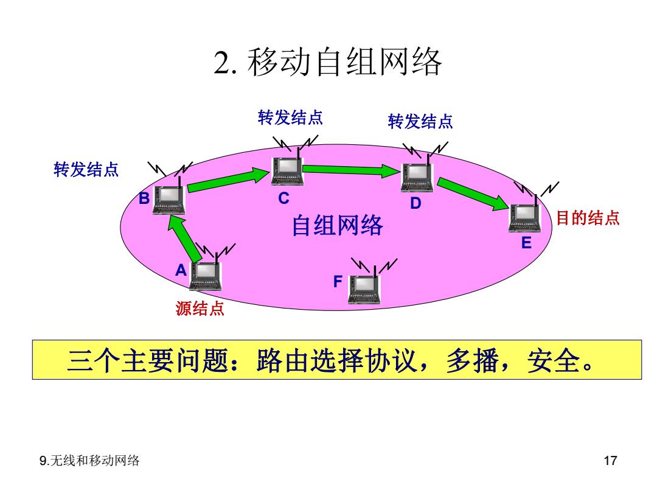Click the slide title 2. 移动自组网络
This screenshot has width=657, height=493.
[328, 62]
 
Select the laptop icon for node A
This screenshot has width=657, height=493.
[206, 276]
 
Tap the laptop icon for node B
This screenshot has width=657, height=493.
[169, 200]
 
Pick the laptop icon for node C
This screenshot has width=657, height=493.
[287, 171]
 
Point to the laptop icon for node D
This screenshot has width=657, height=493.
[417, 178]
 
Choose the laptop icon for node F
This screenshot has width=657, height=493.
[364, 289]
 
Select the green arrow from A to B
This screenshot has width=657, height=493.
[184, 239]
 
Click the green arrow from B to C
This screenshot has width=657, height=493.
[228, 180]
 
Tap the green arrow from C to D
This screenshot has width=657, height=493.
[351, 170]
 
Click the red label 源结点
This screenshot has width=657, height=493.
[200, 309]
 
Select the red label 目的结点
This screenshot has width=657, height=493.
[588, 218]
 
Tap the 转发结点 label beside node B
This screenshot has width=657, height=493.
[86, 170]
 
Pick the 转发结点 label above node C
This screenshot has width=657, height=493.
[290, 117]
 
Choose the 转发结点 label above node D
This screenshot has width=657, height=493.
[420, 122]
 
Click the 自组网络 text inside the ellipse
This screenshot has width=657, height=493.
[337, 225]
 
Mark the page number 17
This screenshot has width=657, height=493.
[611, 461]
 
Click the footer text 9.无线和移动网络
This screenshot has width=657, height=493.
[89, 461]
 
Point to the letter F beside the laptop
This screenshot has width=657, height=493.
[338, 281]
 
